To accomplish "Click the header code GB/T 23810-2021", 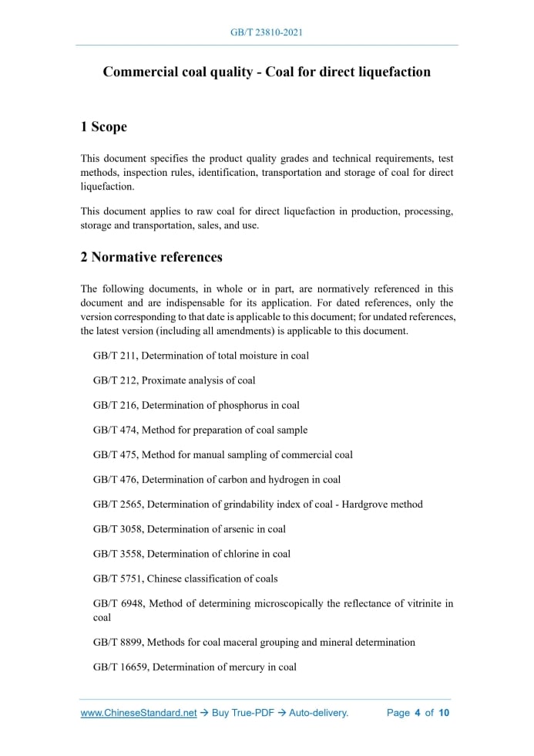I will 267,32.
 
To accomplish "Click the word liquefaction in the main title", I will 391,73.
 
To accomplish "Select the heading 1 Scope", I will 104,127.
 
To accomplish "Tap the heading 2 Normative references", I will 152,257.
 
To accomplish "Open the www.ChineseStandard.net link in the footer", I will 139,713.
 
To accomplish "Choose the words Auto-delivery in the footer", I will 318,713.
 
